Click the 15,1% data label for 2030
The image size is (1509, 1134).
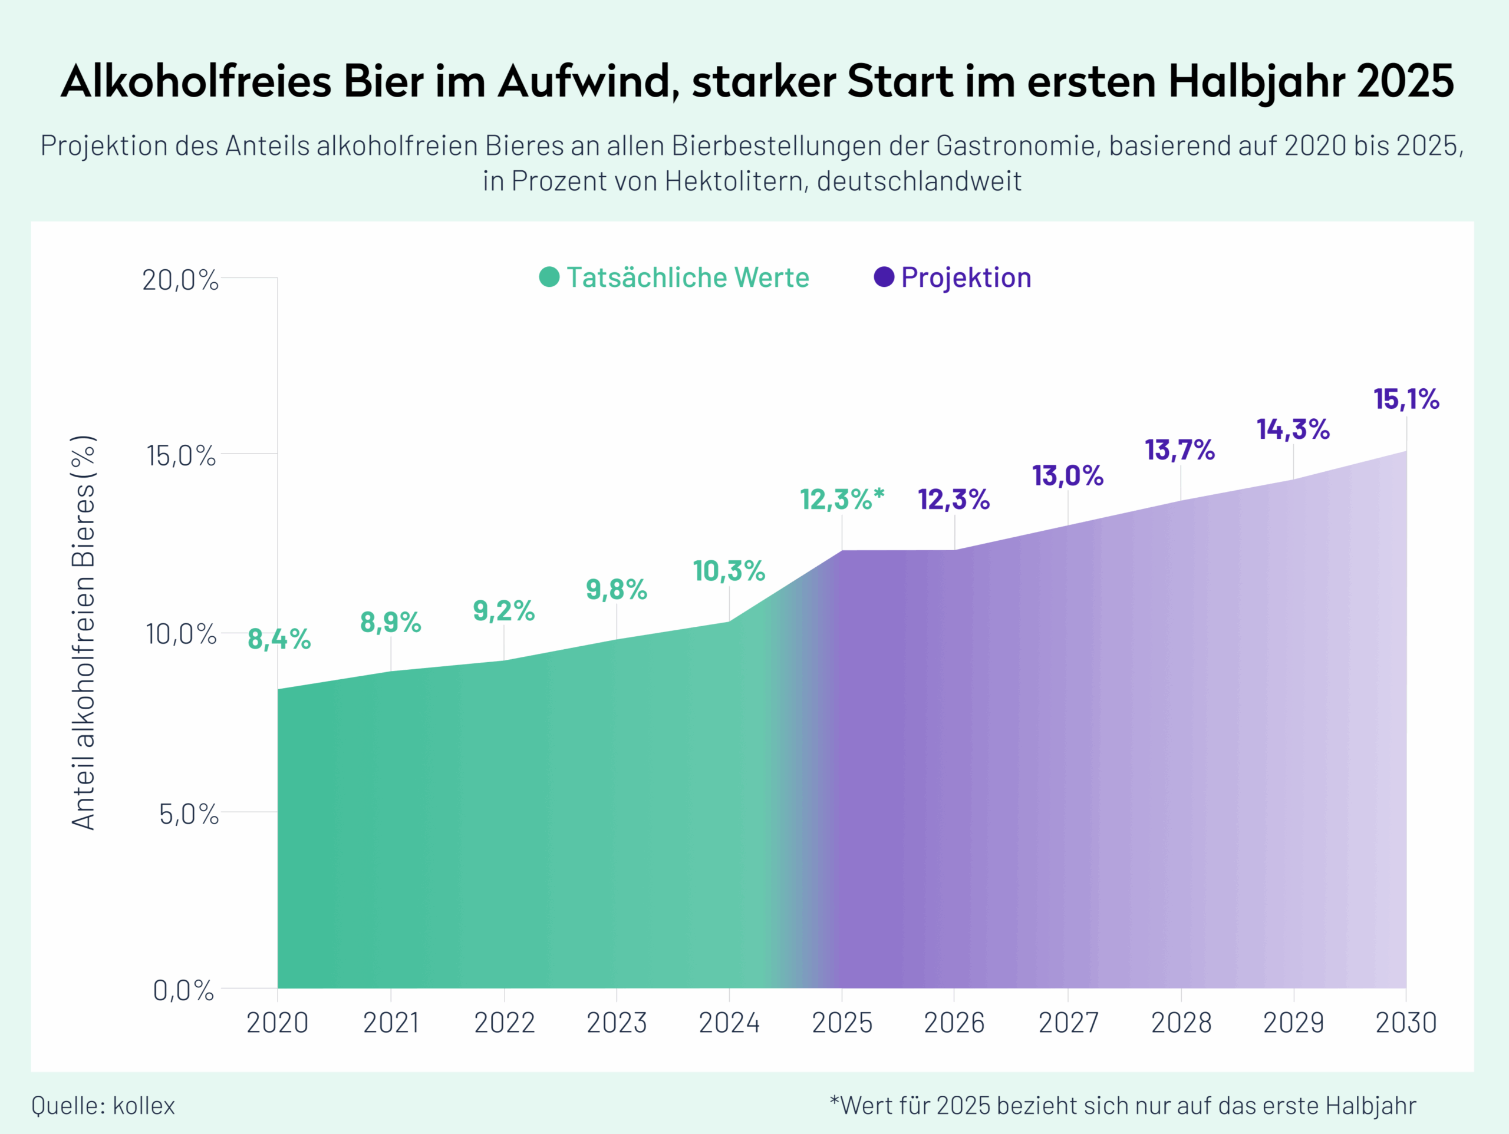point(1405,399)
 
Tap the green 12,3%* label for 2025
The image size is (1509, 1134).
point(842,500)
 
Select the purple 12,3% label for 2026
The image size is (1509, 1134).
point(953,500)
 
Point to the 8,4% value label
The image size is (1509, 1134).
point(279,640)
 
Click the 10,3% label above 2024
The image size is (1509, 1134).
point(729,571)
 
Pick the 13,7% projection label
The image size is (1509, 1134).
point(1179,450)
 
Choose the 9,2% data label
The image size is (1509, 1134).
point(503,611)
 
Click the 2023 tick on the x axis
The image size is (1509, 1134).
point(617,1023)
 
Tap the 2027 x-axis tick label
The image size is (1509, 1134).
point(1067,1023)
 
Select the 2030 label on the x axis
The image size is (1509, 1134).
point(1405,1023)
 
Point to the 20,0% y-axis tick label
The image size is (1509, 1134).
point(180,280)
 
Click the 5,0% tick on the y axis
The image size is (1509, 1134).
point(188,814)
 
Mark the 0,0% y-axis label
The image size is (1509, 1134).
point(183,990)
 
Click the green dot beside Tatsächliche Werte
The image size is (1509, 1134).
point(549,277)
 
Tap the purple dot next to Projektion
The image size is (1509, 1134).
point(884,277)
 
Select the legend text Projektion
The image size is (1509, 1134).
point(966,277)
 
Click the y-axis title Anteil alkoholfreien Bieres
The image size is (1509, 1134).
point(84,632)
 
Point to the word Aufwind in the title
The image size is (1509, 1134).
point(588,81)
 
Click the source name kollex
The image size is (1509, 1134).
point(143,1105)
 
